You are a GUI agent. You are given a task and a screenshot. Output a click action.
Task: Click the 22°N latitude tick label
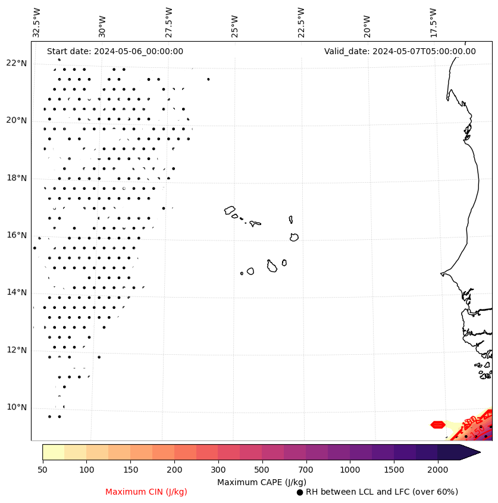(17, 63)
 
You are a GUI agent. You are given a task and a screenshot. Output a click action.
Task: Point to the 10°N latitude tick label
(17, 407)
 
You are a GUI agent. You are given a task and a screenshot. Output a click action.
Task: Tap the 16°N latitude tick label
(17, 235)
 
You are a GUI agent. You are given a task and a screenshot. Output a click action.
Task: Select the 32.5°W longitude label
(37, 23)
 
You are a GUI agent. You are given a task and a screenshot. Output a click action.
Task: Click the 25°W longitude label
(235, 27)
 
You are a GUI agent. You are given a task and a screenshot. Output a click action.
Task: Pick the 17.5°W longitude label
(433, 23)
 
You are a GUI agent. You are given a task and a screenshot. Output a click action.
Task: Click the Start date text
(115, 51)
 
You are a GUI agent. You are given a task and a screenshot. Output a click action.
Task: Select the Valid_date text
(400, 51)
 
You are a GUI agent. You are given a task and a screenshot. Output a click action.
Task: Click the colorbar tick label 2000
(438, 470)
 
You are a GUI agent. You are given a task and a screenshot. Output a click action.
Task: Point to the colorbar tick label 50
(42, 470)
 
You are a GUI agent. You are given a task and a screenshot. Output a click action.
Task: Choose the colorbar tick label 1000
(350, 470)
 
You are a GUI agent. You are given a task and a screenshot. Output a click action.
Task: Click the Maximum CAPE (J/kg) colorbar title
(262, 482)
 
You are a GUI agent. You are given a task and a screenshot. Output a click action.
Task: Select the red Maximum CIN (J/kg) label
(146, 492)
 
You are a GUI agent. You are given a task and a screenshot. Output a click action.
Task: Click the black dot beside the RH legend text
(300, 492)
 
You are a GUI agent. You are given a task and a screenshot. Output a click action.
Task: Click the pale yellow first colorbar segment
(53, 452)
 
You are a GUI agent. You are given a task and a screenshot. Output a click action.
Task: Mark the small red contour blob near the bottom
(438, 424)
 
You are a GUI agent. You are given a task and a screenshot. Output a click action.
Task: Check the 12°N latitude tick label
(17, 350)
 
